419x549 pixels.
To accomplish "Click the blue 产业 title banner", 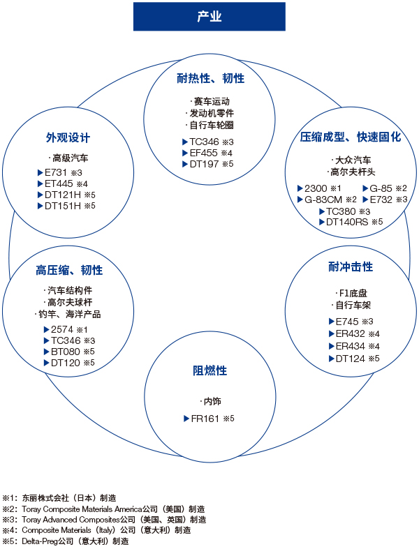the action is (x=209, y=17).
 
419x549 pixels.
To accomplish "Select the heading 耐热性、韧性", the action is (x=210, y=78).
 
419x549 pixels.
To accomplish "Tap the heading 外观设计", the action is (x=68, y=137).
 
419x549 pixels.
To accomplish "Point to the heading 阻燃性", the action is (x=210, y=370).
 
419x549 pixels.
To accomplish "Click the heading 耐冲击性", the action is (x=351, y=266).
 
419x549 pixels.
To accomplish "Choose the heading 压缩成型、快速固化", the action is (x=351, y=137).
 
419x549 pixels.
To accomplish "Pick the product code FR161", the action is (x=205, y=419).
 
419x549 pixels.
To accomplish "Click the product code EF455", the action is (x=203, y=153).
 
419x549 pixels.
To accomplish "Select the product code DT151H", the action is (x=63, y=206).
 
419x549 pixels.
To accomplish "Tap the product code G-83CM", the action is (x=323, y=200).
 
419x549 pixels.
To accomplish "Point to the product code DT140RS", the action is (x=347, y=222).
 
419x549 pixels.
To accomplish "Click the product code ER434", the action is (x=351, y=346).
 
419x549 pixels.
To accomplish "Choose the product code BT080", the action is (x=66, y=352).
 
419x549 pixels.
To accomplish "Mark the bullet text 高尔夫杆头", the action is (x=353, y=172).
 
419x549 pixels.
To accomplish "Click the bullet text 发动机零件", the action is (x=212, y=113).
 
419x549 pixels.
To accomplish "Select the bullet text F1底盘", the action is (x=353, y=293).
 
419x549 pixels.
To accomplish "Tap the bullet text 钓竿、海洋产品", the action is (x=69, y=314).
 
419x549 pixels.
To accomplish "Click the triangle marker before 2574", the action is (x=46, y=329).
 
